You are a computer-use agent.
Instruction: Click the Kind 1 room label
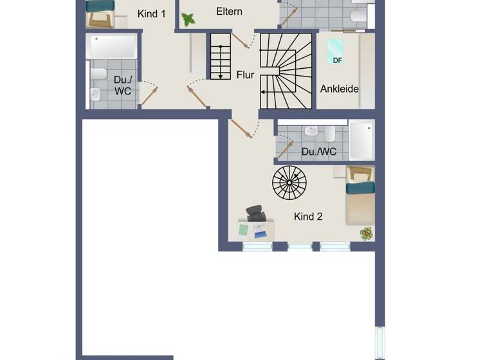[x=151, y=14]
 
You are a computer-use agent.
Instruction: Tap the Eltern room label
[x=229, y=12]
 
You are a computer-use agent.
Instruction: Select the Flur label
[x=245, y=75]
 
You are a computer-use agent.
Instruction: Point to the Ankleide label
[x=339, y=89]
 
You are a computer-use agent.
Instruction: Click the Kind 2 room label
[x=308, y=217]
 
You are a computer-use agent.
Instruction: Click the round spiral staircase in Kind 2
[x=289, y=182]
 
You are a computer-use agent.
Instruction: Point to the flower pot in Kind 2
[x=367, y=234]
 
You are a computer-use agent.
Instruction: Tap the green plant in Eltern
[x=188, y=20]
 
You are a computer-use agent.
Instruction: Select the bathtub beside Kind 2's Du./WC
[x=361, y=140]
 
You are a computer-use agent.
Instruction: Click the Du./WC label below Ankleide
[x=319, y=152]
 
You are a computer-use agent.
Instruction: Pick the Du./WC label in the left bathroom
[x=123, y=85]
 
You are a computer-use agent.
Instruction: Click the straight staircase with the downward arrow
[x=220, y=57]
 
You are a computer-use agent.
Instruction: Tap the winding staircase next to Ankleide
[x=286, y=71]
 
